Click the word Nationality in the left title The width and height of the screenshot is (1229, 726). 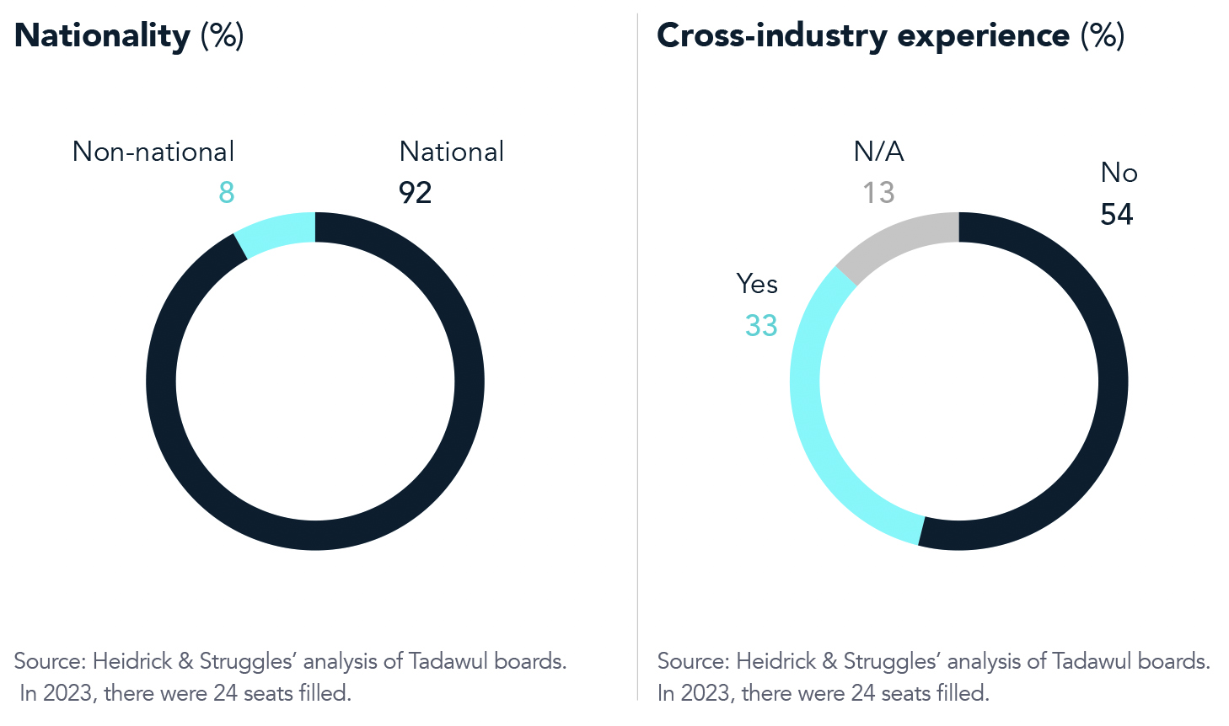tap(103, 36)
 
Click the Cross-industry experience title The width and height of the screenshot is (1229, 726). tap(863, 36)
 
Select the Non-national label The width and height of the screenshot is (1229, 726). tap(153, 152)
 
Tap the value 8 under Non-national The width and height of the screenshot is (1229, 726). tap(226, 193)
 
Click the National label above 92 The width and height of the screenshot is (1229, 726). tap(452, 152)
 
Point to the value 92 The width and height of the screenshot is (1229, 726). tap(415, 193)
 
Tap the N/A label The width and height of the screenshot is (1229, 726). tap(878, 152)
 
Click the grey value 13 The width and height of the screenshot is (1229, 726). tap(878, 193)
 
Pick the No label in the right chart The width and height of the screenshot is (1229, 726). tap(1119, 173)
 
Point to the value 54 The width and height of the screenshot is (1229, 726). tap(1116, 215)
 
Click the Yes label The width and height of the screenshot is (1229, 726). tap(757, 284)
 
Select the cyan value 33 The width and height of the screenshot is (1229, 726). tap(761, 326)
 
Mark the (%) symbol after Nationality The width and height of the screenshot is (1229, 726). tap(222, 36)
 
